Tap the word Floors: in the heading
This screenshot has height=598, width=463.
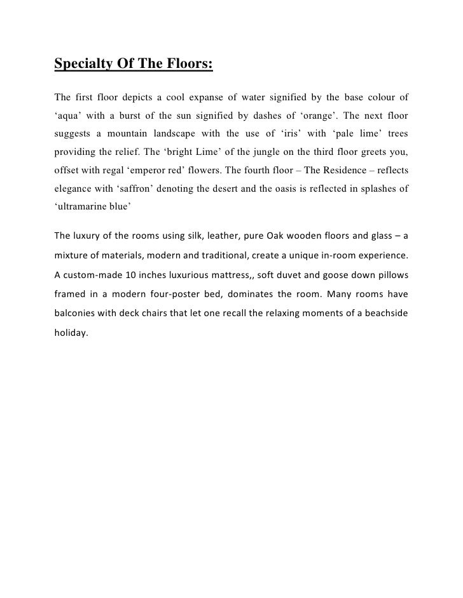tap(186, 64)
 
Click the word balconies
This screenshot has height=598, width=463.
tap(76, 313)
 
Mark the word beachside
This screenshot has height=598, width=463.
tap(386, 313)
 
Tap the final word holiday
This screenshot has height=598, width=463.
tap(69, 331)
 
